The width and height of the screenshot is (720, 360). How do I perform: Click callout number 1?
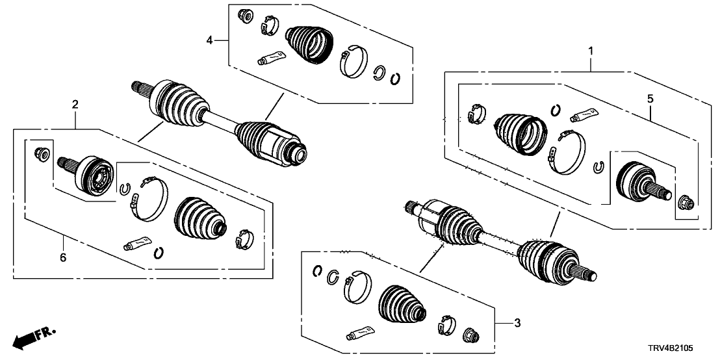pyautogui.click(x=591, y=50)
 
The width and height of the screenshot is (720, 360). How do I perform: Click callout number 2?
pyautogui.click(x=75, y=105)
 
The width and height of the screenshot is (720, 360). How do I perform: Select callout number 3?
pyautogui.click(x=517, y=324)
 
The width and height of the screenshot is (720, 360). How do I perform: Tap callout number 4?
pyautogui.click(x=209, y=41)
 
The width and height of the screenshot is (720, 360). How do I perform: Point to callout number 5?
pyautogui.click(x=650, y=99)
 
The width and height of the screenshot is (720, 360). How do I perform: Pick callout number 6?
pyautogui.click(x=63, y=257)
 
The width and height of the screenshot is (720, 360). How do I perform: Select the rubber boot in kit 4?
pyautogui.click(x=309, y=44)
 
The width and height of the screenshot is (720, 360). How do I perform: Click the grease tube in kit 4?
pyautogui.click(x=272, y=57)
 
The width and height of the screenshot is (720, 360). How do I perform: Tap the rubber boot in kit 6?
pyautogui.click(x=199, y=219)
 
